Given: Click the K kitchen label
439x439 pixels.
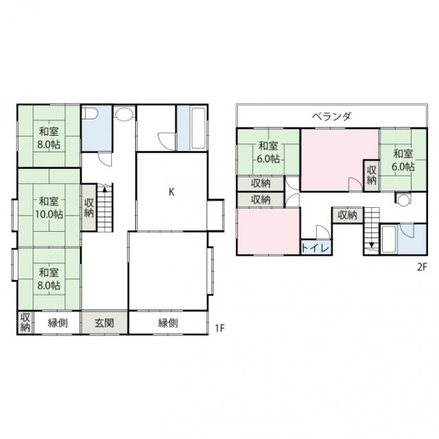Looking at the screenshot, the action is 171,192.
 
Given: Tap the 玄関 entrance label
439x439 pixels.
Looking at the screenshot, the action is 104,323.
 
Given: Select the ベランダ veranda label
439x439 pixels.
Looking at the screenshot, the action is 331,116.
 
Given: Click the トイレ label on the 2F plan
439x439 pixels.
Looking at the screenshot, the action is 316,248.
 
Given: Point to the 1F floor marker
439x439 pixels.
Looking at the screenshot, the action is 220,328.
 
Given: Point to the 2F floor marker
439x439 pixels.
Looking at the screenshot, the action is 423,267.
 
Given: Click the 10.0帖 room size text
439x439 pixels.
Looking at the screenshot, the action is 49,214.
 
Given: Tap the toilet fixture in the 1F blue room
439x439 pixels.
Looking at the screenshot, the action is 91,114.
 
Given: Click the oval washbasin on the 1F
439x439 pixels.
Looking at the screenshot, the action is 124,115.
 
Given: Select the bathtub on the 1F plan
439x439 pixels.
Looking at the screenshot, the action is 198,128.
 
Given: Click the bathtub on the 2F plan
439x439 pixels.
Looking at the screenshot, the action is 389,239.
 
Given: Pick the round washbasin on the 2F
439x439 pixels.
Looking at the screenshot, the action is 403,200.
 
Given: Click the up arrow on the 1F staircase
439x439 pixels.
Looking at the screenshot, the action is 105,189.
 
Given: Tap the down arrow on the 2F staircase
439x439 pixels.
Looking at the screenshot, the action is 372,244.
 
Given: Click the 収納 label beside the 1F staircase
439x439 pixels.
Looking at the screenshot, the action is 89,207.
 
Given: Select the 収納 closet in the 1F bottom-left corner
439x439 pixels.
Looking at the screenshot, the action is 25,323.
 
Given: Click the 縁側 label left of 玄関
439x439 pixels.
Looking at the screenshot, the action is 58,323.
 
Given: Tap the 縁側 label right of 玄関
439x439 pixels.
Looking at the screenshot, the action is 167,323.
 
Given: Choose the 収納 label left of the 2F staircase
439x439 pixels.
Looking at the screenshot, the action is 348,215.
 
